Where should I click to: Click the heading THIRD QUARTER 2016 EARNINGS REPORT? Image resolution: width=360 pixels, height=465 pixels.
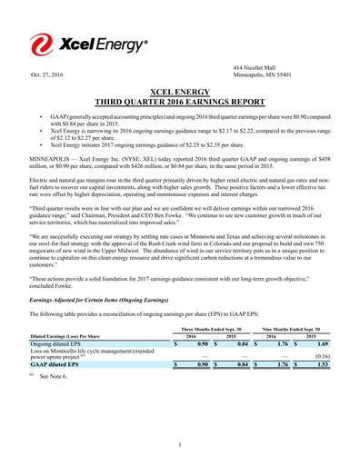(179, 102)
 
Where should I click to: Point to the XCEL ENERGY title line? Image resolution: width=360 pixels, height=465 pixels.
(179, 93)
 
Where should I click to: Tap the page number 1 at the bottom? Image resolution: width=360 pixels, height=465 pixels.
(180, 444)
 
